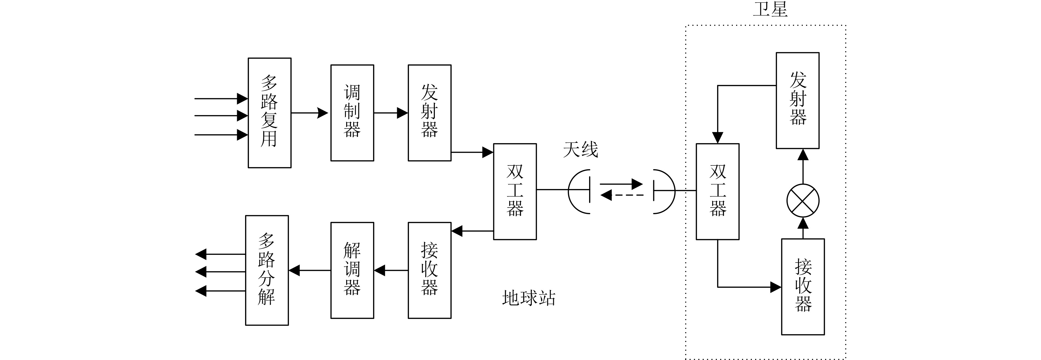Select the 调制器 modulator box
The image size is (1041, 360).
tap(352, 113)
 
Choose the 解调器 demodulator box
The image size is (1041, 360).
tap(352, 270)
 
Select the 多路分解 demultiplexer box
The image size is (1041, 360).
tap(267, 270)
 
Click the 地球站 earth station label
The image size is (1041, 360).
tap(528, 298)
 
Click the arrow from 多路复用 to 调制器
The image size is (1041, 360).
tap(310, 113)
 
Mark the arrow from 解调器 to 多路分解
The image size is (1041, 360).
tap(310, 270)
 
